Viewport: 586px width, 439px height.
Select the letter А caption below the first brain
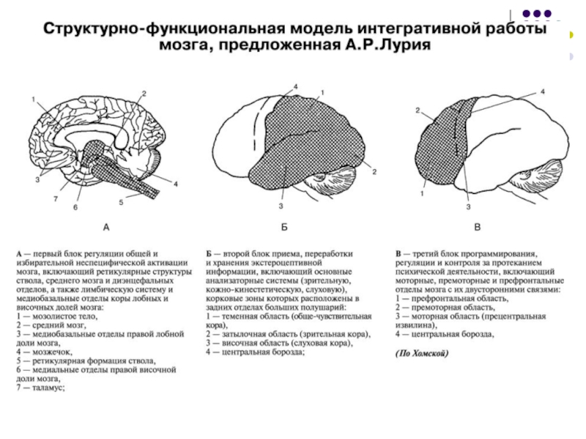(107, 228)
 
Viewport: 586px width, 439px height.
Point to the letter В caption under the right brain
(477, 228)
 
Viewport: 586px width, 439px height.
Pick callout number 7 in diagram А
(56, 198)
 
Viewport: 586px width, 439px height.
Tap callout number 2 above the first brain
(145, 93)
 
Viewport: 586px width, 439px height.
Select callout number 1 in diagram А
(33, 99)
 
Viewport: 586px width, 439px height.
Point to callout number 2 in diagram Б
(374, 171)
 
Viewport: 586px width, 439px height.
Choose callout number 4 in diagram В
(542, 91)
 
